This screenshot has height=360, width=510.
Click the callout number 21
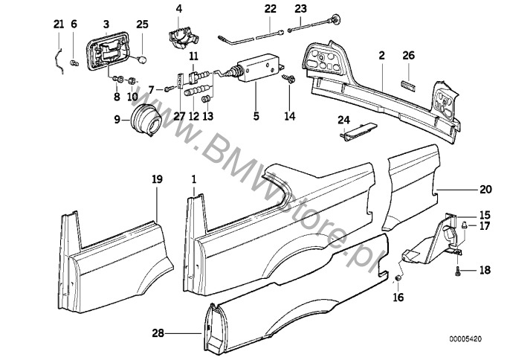point(59,25)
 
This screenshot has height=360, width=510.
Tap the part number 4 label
point(178,10)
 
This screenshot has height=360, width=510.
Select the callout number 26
point(408,56)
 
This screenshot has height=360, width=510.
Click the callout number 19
point(158,179)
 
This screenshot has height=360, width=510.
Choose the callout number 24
point(343,120)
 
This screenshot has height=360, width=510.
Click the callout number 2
point(381,56)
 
